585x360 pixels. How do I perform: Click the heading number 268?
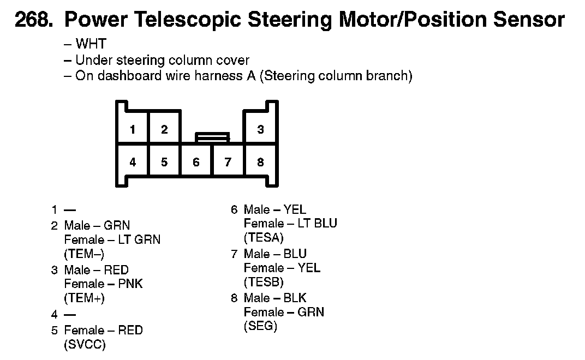pos(34,21)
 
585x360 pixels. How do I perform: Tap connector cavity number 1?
pos(133,130)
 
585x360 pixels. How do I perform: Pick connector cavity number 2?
pos(164,130)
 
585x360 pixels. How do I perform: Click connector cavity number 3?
pos(260,130)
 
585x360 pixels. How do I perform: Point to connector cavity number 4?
pos(133,162)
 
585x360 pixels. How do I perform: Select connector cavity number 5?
pos(164,162)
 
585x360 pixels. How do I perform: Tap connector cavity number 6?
pos(196,162)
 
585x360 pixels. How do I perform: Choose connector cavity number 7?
pos(228,162)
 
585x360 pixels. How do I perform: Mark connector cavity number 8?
pos(260,162)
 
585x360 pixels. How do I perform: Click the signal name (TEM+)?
pos(84,298)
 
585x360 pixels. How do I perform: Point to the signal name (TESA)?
pos(264,238)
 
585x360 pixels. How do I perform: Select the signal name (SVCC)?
pos(85,345)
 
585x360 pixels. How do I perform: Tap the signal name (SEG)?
pos(260,326)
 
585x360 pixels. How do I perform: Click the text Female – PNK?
pos(104,284)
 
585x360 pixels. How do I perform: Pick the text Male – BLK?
pos(275,298)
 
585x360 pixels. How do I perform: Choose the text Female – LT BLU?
pos(290,224)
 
